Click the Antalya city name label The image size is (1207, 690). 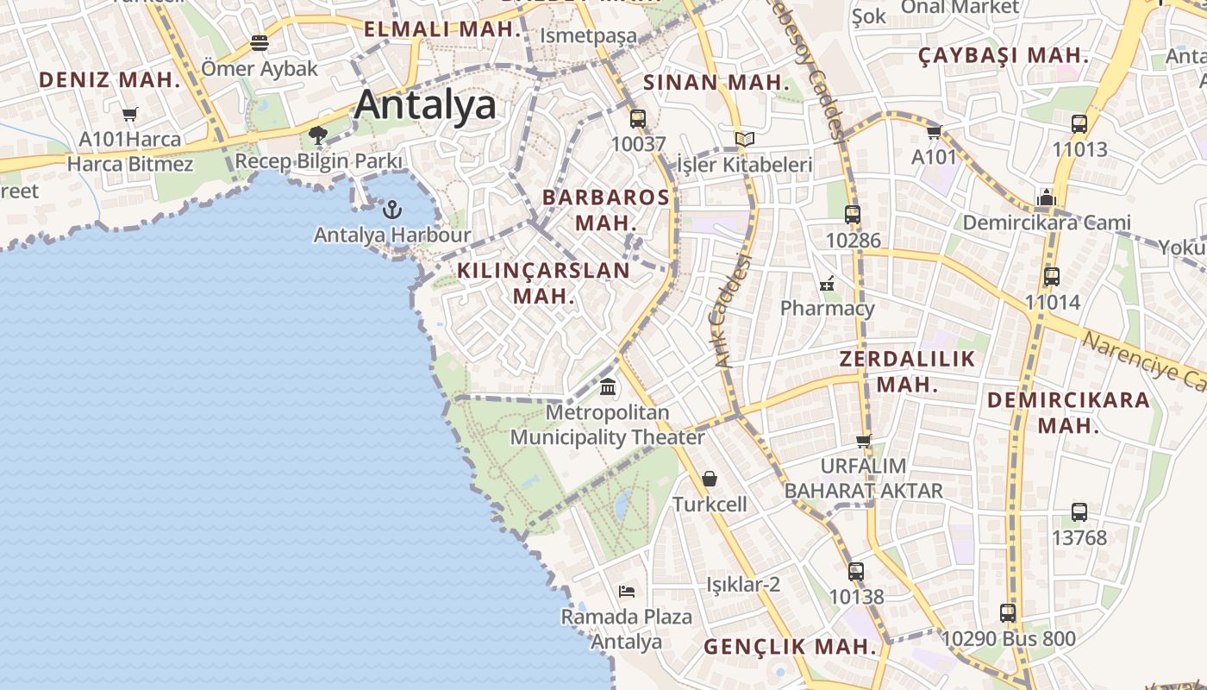(425, 104)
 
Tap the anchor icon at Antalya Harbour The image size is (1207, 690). (392, 210)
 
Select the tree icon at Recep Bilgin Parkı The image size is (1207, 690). (318, 135)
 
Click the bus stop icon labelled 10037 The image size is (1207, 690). (638, 119)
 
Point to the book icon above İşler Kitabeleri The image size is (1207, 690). (744, 139)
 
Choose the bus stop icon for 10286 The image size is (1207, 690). (853, 215)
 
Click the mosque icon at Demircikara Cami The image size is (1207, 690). (1047, 198)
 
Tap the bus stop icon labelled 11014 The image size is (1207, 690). (1052, 277)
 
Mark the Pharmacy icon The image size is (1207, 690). (827, 282)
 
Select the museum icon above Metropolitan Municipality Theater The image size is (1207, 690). (608, 386)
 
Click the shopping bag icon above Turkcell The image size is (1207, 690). (710, 479)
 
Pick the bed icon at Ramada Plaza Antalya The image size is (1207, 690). (627, 592)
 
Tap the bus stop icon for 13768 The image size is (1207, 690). (1079, 511)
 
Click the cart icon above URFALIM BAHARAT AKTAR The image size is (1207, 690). (863, 441)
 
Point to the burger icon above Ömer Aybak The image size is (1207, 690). (260, 42)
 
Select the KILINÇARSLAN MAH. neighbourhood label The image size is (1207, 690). (543, 282)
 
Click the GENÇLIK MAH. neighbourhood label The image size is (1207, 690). (791, 646)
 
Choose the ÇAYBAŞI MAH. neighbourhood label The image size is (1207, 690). (1004, 55)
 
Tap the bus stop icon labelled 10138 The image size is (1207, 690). (856, 571)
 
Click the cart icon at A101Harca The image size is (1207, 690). (130, 114)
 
